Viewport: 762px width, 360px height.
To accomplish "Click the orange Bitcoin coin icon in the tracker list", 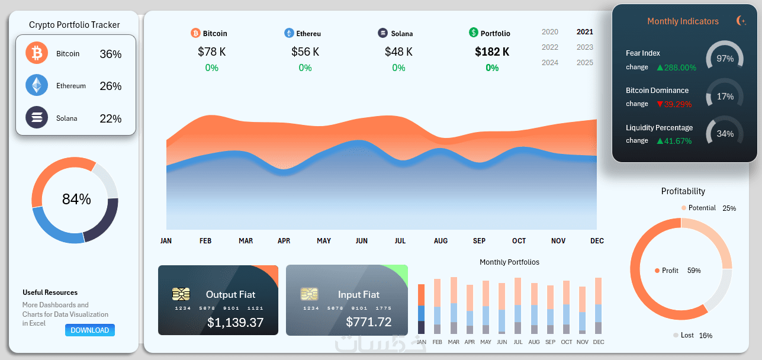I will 37,53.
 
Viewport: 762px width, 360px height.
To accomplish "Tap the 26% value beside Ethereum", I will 110,86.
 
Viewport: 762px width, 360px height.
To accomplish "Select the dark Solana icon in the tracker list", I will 37,117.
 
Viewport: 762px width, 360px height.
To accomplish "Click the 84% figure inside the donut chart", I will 76,200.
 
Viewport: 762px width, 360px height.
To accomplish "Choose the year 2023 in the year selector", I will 584,47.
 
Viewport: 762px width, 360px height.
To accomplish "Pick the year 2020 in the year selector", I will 549,32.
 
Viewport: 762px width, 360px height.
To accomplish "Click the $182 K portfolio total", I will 492,52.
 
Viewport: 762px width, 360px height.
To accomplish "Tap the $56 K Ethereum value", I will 305,52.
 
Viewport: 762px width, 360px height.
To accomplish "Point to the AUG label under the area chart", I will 441,241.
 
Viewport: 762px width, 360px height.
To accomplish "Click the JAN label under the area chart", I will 166,241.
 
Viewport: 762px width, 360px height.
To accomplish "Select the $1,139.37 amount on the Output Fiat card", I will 235,323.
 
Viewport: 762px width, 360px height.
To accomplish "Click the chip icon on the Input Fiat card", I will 308,294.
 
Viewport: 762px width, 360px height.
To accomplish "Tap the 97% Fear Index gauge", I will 725,59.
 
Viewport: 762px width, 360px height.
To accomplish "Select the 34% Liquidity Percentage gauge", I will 725,134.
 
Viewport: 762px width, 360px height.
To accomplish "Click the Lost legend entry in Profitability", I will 687,335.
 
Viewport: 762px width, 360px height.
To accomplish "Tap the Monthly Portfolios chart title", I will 509,262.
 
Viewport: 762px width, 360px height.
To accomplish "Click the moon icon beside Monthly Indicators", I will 741,21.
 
